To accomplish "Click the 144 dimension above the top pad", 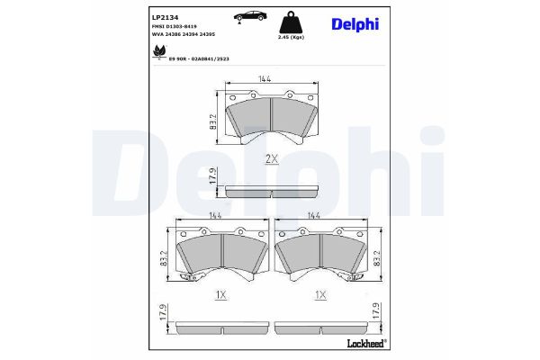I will (x=265, y=81).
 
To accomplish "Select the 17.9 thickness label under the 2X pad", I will (x=213, y=181).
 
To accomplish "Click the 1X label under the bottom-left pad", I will (x=220, y=295).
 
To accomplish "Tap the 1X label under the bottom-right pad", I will (x=319, y=295).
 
